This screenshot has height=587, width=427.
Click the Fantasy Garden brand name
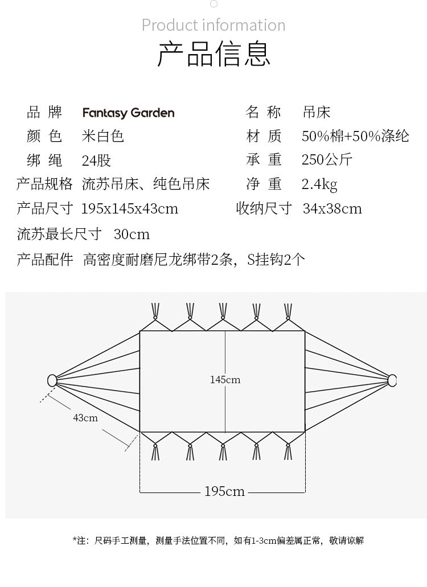point(128,113)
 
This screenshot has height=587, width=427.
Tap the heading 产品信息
point(213,54)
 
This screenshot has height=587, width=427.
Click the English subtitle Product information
point(213,25)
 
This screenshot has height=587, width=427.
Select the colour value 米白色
point(103,136)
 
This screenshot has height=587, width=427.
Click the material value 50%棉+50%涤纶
point(355,136)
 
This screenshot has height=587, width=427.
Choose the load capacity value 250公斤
point(327,160)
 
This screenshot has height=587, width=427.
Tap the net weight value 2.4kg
point(319,184)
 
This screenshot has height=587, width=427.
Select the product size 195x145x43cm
point(130,208)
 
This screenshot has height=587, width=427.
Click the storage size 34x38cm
point(332,208)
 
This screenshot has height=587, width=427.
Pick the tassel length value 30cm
point(132,234)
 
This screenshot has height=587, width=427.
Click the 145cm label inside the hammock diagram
point(225,380)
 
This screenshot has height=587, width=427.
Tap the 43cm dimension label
point(85,418)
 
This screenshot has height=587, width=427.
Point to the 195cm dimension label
point(224,491)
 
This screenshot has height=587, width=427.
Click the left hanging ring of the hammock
point(52,380)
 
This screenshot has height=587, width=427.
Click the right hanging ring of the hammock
point(392,380)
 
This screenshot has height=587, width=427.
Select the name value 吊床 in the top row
point(317,112)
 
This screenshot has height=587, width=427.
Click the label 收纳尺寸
point(264,208)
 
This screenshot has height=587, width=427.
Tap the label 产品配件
point(45,260)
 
